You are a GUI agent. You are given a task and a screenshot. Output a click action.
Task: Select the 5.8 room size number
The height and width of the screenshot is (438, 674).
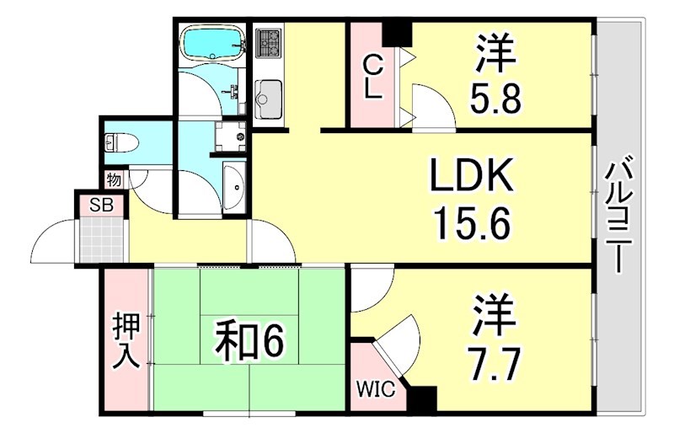[x=497, y=100]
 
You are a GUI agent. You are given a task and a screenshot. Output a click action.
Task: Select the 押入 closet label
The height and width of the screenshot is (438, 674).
[x=126, y=340]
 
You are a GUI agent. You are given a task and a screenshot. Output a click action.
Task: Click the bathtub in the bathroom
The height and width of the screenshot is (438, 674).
[x=212, y=41]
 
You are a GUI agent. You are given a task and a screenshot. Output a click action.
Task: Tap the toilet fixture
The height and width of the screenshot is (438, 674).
[x=117, y=143]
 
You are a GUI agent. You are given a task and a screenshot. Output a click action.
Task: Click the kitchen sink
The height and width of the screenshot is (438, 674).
[x=270, y=96]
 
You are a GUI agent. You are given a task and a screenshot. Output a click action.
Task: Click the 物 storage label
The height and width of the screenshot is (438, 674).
[x=114, y=179]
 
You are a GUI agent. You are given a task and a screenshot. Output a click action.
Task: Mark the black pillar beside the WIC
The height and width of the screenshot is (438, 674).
[x=423, y=398]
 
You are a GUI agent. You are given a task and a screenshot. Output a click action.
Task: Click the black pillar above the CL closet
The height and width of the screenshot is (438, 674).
[x=396, y=33]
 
